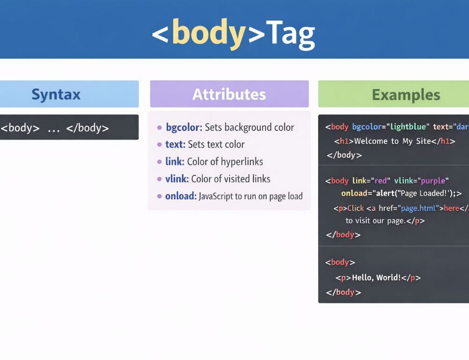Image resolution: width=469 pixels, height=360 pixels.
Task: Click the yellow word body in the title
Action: coord(209,33)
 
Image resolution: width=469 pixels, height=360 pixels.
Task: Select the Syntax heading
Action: coord(56,94)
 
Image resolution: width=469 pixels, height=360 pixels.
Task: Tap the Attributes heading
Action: coord(229,94)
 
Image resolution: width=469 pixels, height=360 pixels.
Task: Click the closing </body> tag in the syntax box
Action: coord(88,127)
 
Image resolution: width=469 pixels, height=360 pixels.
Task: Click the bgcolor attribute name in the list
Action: coord(184,127)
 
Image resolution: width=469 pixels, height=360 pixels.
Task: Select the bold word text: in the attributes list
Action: coord(175,144)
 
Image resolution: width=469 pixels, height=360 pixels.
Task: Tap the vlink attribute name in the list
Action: coord(177,179)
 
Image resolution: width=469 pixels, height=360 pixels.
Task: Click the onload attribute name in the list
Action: coord(181,196)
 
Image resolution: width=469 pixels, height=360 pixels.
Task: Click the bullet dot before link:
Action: coord(159,162)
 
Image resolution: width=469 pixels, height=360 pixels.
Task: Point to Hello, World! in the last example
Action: coord(376,277)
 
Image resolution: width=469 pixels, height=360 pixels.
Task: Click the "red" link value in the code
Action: coord(382,181)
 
